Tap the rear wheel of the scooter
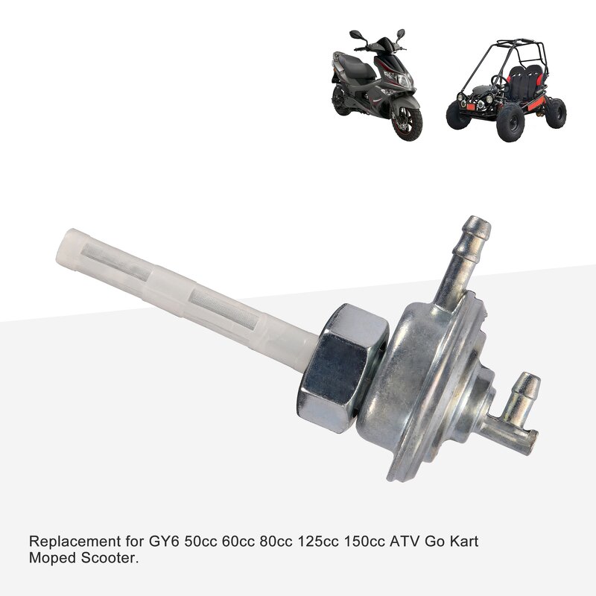coord(340,102)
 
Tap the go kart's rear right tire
coord(555,112)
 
